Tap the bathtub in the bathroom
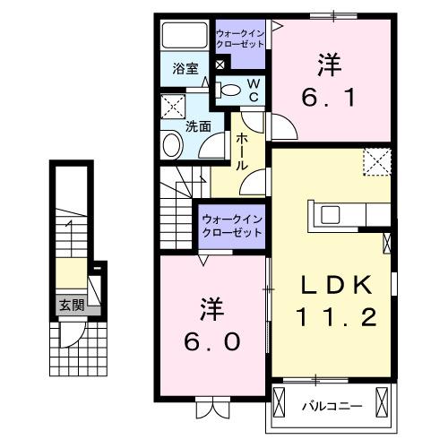point(184,37)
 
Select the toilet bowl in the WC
point(229,89)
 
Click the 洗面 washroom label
point(197,126)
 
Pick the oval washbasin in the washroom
point(170,147)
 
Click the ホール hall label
point(243,152)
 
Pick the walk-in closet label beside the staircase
point(231,224)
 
